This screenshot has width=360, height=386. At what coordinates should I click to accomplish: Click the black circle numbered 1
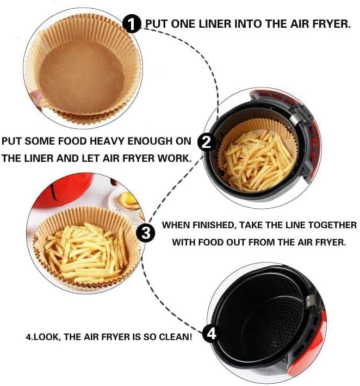(132, 23)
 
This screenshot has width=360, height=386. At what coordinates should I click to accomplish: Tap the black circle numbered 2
(206, 142)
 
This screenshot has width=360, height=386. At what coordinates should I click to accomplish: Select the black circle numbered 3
(146, 233)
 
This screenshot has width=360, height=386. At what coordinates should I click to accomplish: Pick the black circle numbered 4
(211, 334)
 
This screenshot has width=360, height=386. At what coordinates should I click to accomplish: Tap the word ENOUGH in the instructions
(150, 141)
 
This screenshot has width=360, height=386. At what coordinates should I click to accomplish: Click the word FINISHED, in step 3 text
(213, 225)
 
